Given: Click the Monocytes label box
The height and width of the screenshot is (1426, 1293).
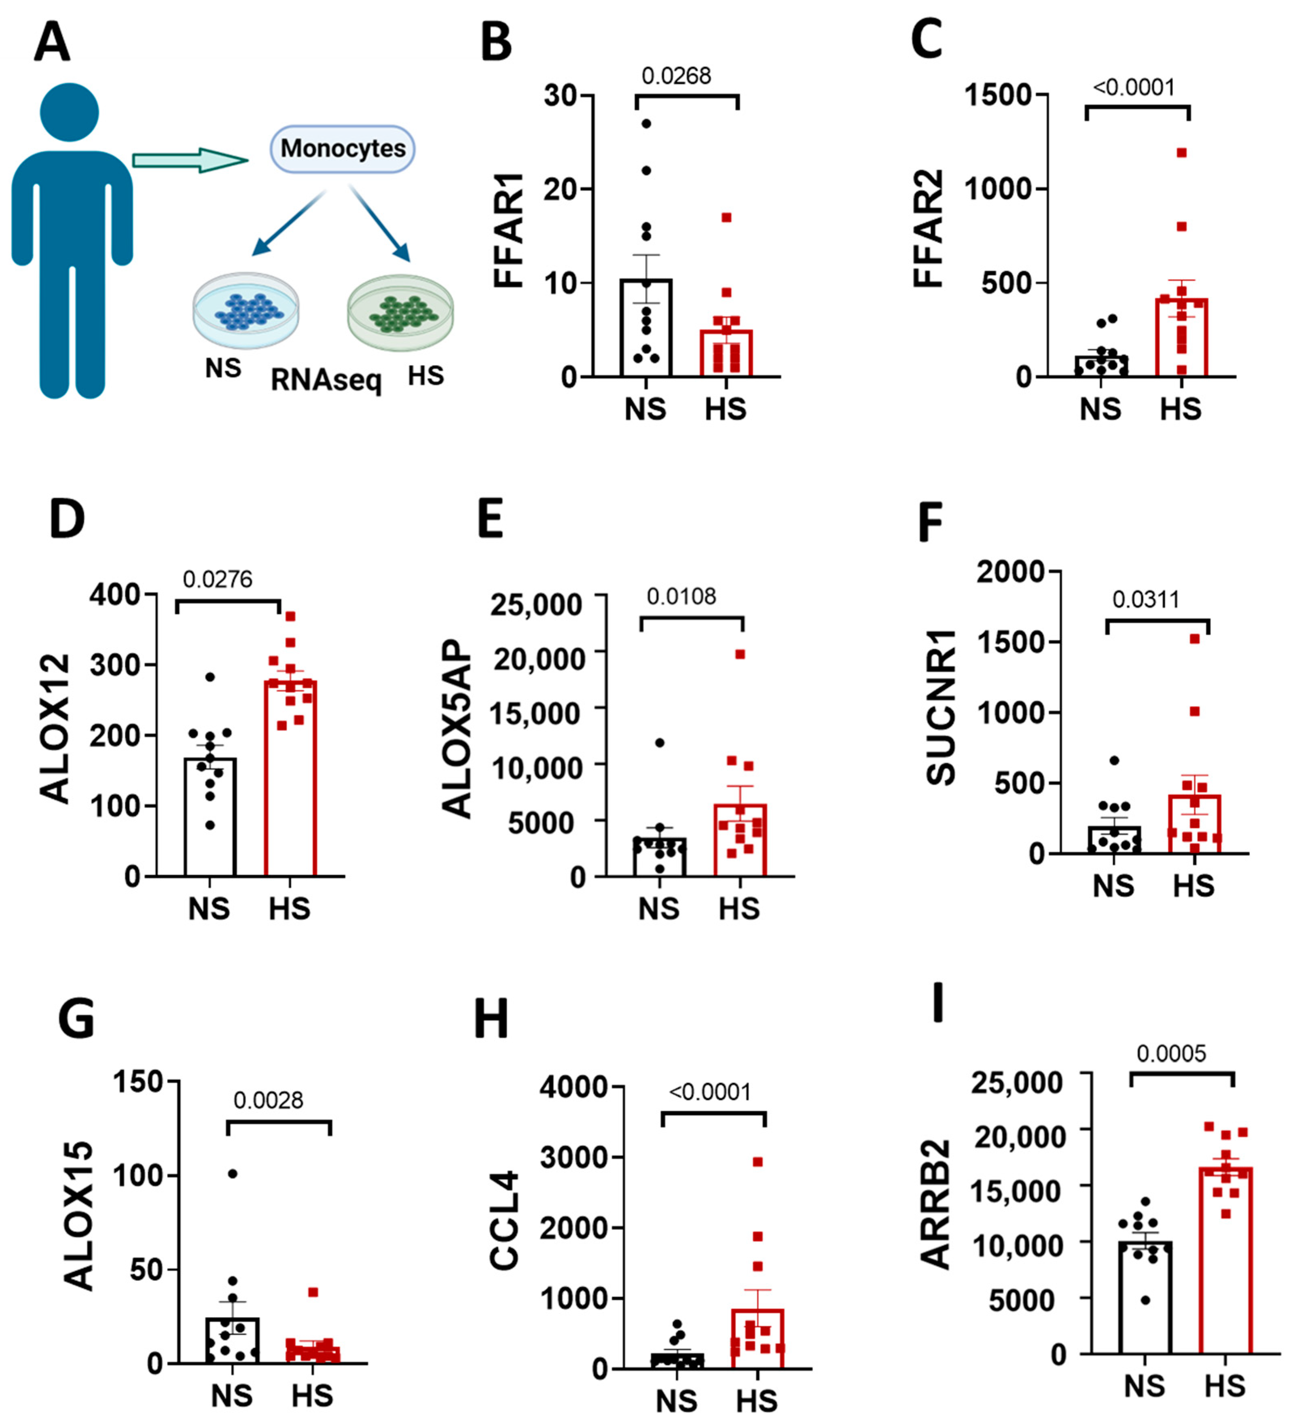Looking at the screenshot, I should click(342, 148).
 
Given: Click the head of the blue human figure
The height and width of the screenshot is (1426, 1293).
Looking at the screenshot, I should click(69, 112).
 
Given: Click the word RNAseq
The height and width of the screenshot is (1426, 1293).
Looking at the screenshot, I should click(326, 381).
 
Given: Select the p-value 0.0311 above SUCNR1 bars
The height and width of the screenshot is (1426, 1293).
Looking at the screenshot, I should click(1146, 600).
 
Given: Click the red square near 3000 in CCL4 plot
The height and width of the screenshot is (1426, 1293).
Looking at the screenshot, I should click(758, 1161).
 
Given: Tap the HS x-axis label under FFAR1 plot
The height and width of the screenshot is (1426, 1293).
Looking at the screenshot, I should click(725, 409).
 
